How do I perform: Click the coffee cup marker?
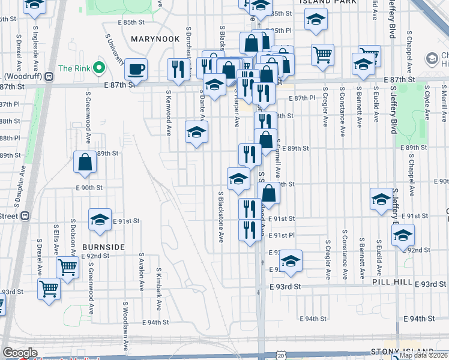136,69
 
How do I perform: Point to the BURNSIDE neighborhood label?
103,247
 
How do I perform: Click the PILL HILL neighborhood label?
392,282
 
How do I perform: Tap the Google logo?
20,353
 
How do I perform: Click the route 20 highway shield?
282,356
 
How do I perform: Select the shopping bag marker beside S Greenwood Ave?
85,161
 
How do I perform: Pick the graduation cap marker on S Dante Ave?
196,133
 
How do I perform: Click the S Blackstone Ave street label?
221,217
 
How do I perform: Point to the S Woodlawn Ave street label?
127,330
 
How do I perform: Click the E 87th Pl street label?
302,98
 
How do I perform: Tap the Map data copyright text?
423,355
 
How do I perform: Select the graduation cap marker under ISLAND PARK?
316,20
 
